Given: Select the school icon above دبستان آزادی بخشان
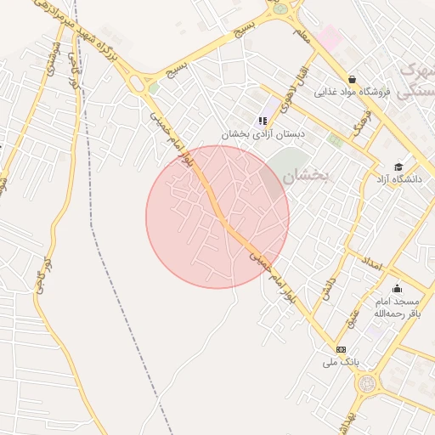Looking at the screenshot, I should [263, 121].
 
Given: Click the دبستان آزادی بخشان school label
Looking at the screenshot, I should [263, 134].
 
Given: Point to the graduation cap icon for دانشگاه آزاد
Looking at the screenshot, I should [398, 166].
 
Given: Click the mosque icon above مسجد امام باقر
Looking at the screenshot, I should [396, 288].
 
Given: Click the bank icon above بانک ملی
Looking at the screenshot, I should [341, 349].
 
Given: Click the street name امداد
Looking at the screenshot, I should [372, 261].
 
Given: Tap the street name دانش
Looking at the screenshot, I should [326, 288].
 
